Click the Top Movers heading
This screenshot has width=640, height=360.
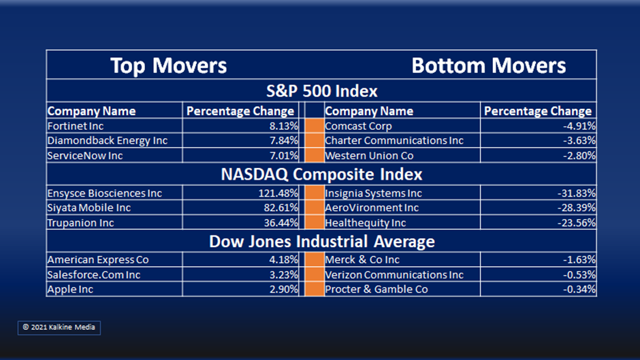click(169, 65)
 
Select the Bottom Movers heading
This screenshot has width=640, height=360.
click(489, 65)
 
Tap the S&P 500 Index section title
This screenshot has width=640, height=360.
click(321, 91)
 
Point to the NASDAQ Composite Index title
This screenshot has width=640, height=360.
click(321, 174)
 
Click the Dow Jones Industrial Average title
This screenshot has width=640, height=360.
click(321, 241)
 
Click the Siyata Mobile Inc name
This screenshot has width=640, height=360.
click(89, 208)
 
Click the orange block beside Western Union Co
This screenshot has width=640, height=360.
click(315, 156)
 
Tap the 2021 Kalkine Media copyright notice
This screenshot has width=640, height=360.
click(59, 327)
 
